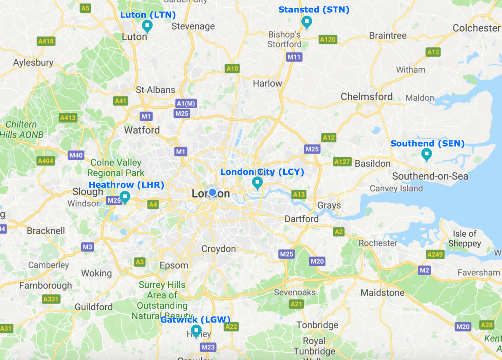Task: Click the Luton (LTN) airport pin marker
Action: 147,26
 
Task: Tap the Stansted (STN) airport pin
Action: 306,21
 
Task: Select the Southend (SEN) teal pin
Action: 426,154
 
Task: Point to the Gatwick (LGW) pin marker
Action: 196,331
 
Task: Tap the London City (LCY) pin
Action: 257,182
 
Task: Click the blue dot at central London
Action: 213,192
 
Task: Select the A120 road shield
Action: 328,40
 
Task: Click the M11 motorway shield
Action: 294,57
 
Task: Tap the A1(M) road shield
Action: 186,103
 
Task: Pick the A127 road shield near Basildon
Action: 342,162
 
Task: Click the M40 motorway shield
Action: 76,155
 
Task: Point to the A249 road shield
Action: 435,254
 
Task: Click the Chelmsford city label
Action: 366,96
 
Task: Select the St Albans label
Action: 155,90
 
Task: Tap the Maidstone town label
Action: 382,293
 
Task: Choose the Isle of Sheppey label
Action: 465,239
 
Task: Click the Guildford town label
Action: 93,307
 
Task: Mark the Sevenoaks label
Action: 295,292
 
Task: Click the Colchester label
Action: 476,28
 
